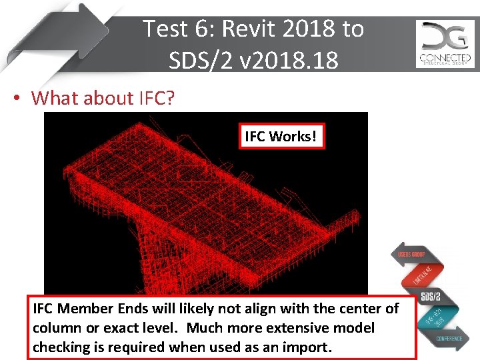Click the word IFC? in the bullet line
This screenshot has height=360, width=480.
click(x=157, y=98)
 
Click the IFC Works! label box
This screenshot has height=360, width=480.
click(x=280, y=137)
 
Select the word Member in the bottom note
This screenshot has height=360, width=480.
click(x=81, y=309)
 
